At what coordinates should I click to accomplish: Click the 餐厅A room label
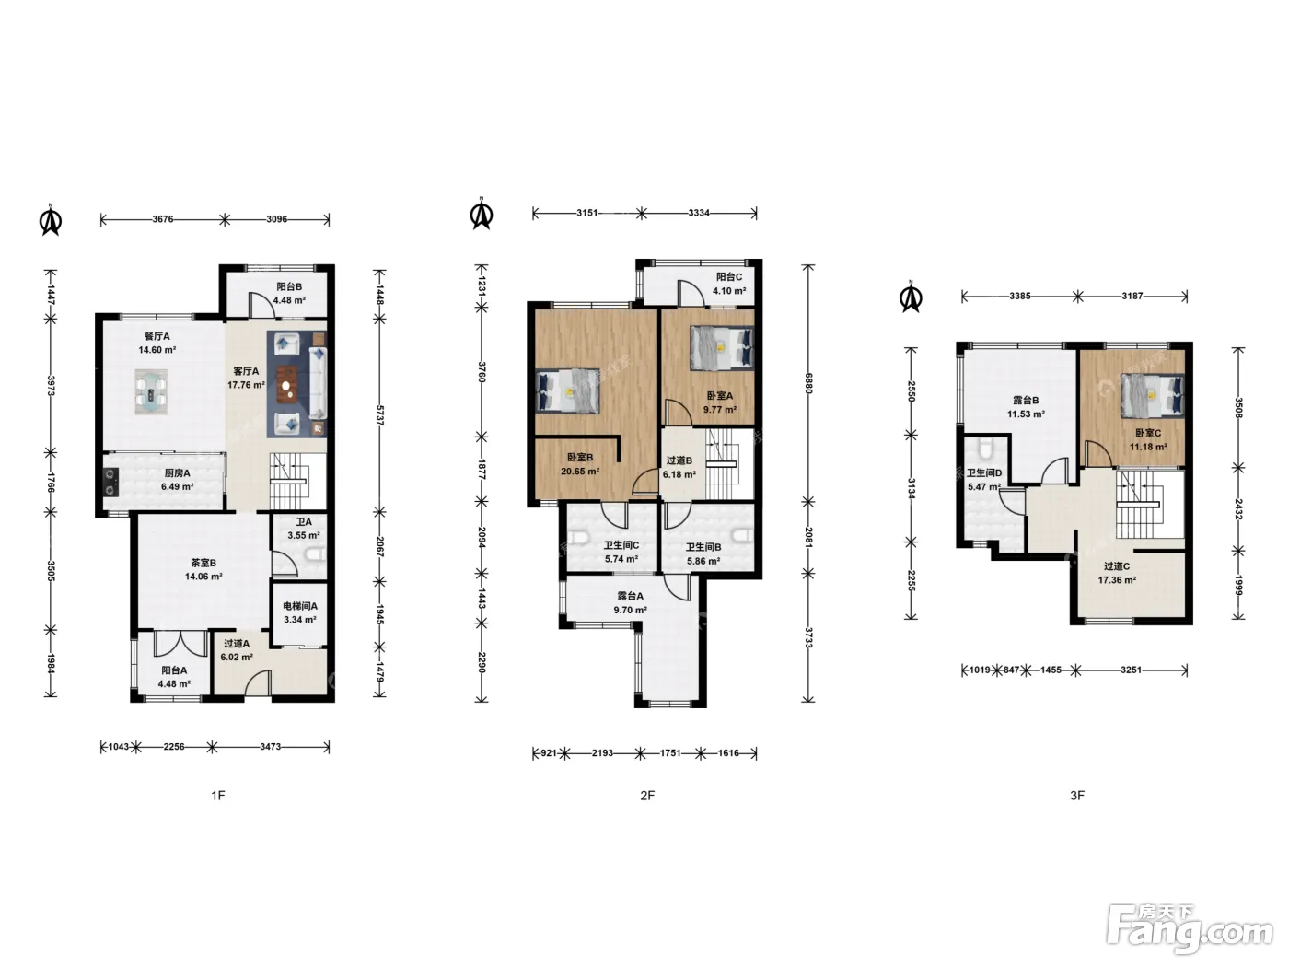[x=157, y=336]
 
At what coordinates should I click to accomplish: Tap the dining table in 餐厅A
[x=152, y=392]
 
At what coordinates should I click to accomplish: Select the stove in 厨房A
[x=110, y=482]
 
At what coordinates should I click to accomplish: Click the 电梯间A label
[x=300, y=606]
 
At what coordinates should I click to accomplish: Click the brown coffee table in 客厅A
[x=287, y=385]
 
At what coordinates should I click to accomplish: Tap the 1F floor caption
[x=218, y=796]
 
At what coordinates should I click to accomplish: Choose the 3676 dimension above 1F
[x=163, y=219]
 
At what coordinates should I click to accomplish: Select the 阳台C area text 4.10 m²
[x=729, y=291]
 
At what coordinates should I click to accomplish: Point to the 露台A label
[x=630, y=596]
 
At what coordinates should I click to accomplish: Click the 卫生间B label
[x=703, y=547]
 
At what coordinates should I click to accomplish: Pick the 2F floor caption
[x=647, y=796]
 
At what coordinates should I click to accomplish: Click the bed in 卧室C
[x=1152, y=396]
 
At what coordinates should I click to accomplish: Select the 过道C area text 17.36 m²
[x=1117, y=580]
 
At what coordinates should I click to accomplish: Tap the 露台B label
[x=1026, y=401]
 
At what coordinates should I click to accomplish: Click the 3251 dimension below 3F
[x=1131, y=670]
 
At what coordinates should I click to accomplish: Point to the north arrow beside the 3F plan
[x=911, y=297]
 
